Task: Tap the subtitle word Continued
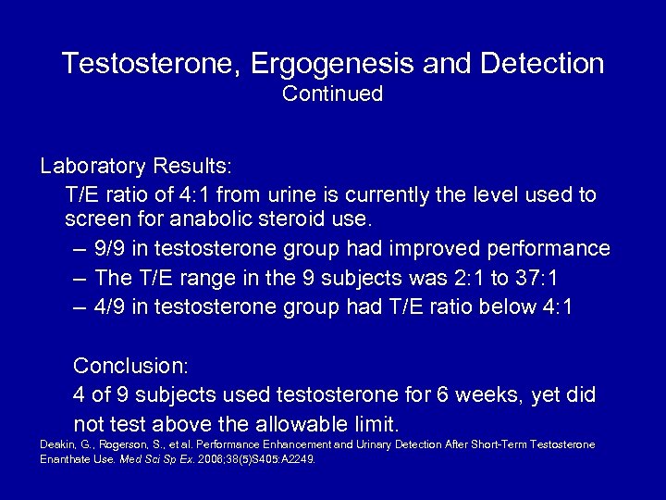pos(332,94)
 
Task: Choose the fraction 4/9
pos(112,307)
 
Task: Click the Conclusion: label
pos(130,365)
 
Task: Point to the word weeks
pos(493,394)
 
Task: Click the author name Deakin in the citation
pos(56,445)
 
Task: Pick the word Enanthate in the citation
pos(70,459)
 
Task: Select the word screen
pos(95,220)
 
